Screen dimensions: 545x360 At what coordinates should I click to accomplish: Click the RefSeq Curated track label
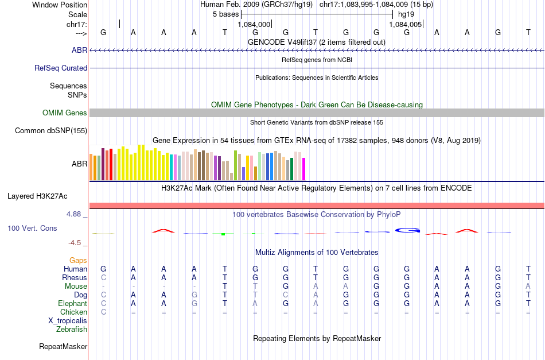coord(60,68)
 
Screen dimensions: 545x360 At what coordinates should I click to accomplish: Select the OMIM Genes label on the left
coord(65,113)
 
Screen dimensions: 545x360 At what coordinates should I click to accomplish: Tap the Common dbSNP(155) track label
coord(50,131)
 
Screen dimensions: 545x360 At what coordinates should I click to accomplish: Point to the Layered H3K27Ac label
coord(37,196)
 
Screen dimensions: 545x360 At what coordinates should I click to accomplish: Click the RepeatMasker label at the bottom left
coord(63,346)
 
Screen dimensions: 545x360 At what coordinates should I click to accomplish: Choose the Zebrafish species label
coord(72,329)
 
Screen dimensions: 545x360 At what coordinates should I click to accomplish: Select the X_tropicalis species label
coord(68,321)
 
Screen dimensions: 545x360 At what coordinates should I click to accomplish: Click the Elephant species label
coord(72,303)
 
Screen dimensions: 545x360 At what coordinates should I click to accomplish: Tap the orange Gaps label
coord(78,260)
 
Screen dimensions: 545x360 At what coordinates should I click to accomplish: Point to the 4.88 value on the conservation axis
coord(73,214)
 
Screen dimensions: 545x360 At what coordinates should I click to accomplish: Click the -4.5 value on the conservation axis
coord(75,243)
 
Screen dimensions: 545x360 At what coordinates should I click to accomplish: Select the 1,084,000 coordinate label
coord(254,24)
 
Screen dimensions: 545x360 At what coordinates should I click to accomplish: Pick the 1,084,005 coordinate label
coord(405,24)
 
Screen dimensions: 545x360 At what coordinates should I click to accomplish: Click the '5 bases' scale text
coord(226,14)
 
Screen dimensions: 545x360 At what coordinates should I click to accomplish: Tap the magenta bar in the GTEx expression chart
coord(304,169)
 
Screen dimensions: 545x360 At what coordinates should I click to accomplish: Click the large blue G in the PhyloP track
coord(408,230)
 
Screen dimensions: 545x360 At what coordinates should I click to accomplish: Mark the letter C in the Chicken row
coord(104,312)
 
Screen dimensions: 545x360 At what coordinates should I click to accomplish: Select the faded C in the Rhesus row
coord(104,277)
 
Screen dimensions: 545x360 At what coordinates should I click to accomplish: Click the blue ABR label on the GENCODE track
coord(79,50)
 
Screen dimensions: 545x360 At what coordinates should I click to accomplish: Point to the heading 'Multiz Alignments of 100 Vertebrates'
coord(317,253)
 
